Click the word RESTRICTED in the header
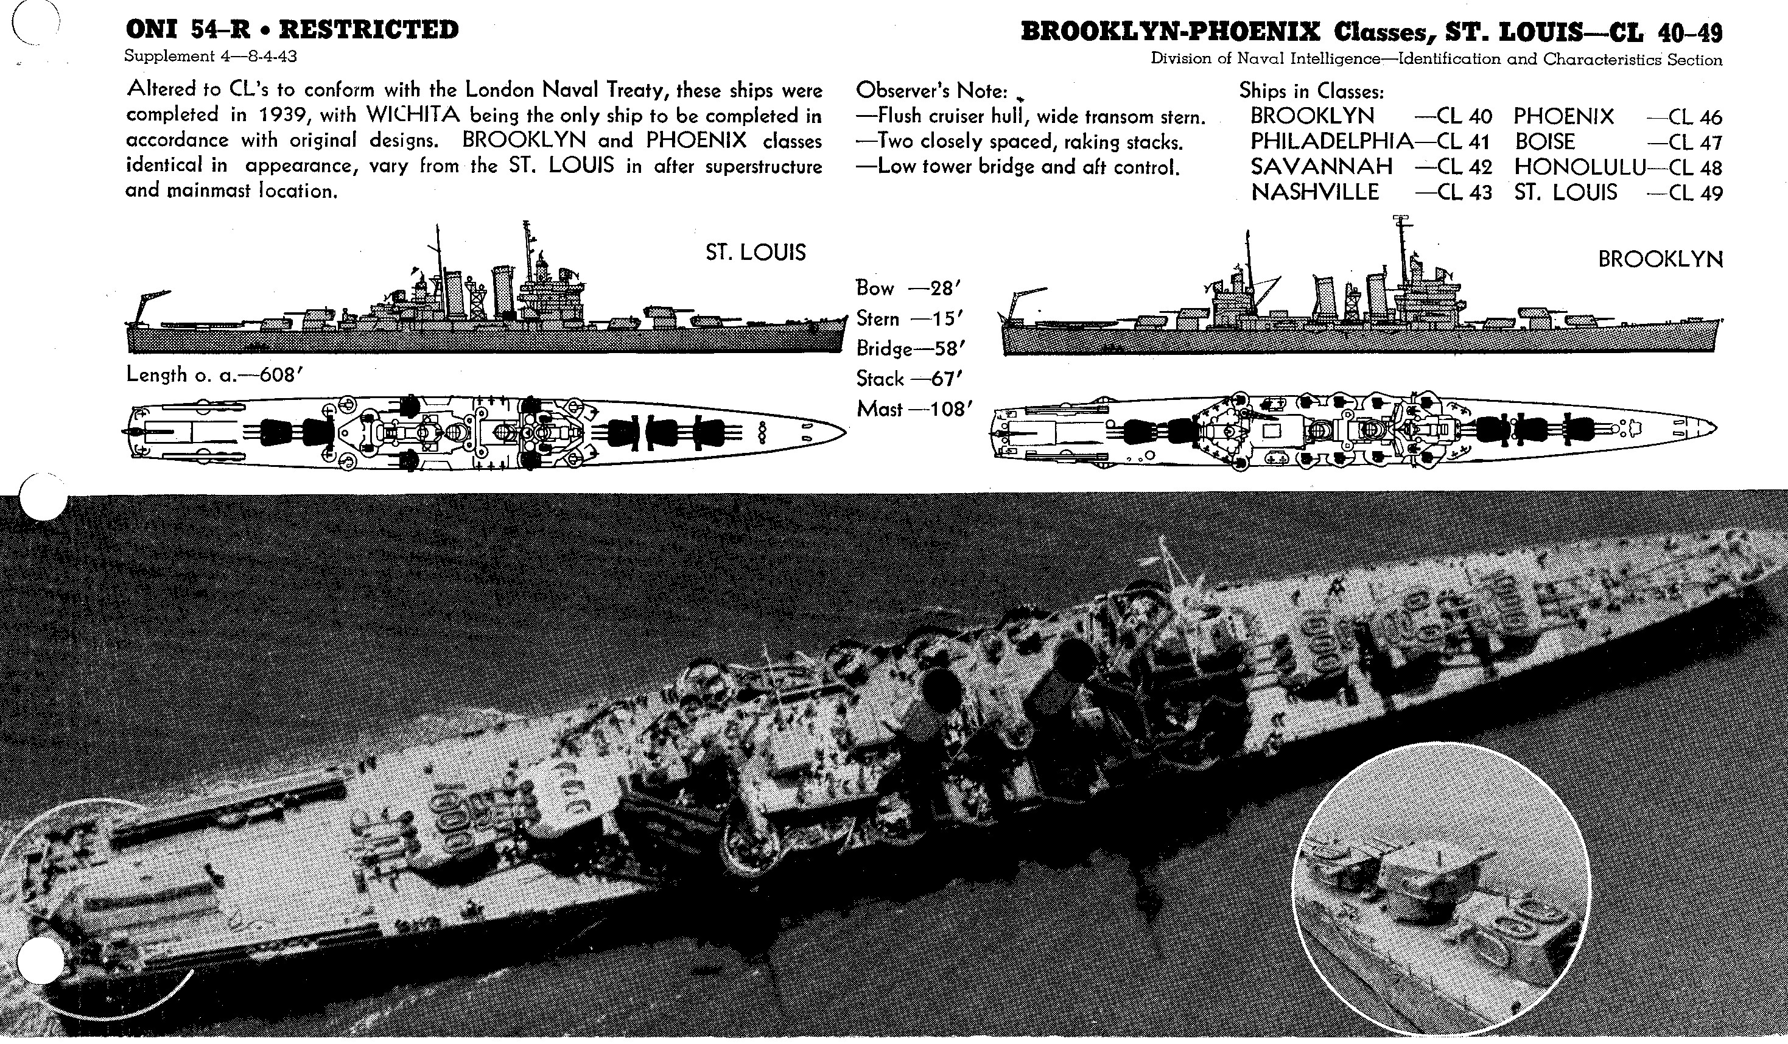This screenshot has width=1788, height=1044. tap(368, 30)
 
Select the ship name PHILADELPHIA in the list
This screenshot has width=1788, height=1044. tap(1331, 141)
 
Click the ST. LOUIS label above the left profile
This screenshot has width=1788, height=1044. tap(755, 253)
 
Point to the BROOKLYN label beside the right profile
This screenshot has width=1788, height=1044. tap(1660, 259)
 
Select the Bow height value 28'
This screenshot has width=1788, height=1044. tap(944, 289)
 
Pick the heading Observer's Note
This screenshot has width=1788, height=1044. tap(931, 91)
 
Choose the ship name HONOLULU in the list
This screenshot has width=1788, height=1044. tap(1579, 167)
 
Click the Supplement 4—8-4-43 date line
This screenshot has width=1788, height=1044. tap(211, 57)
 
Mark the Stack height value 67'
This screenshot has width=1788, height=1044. tap(944, 379)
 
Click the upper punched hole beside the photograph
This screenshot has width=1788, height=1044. tap(43, 498)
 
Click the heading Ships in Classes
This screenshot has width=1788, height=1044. tap(1311, 91)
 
